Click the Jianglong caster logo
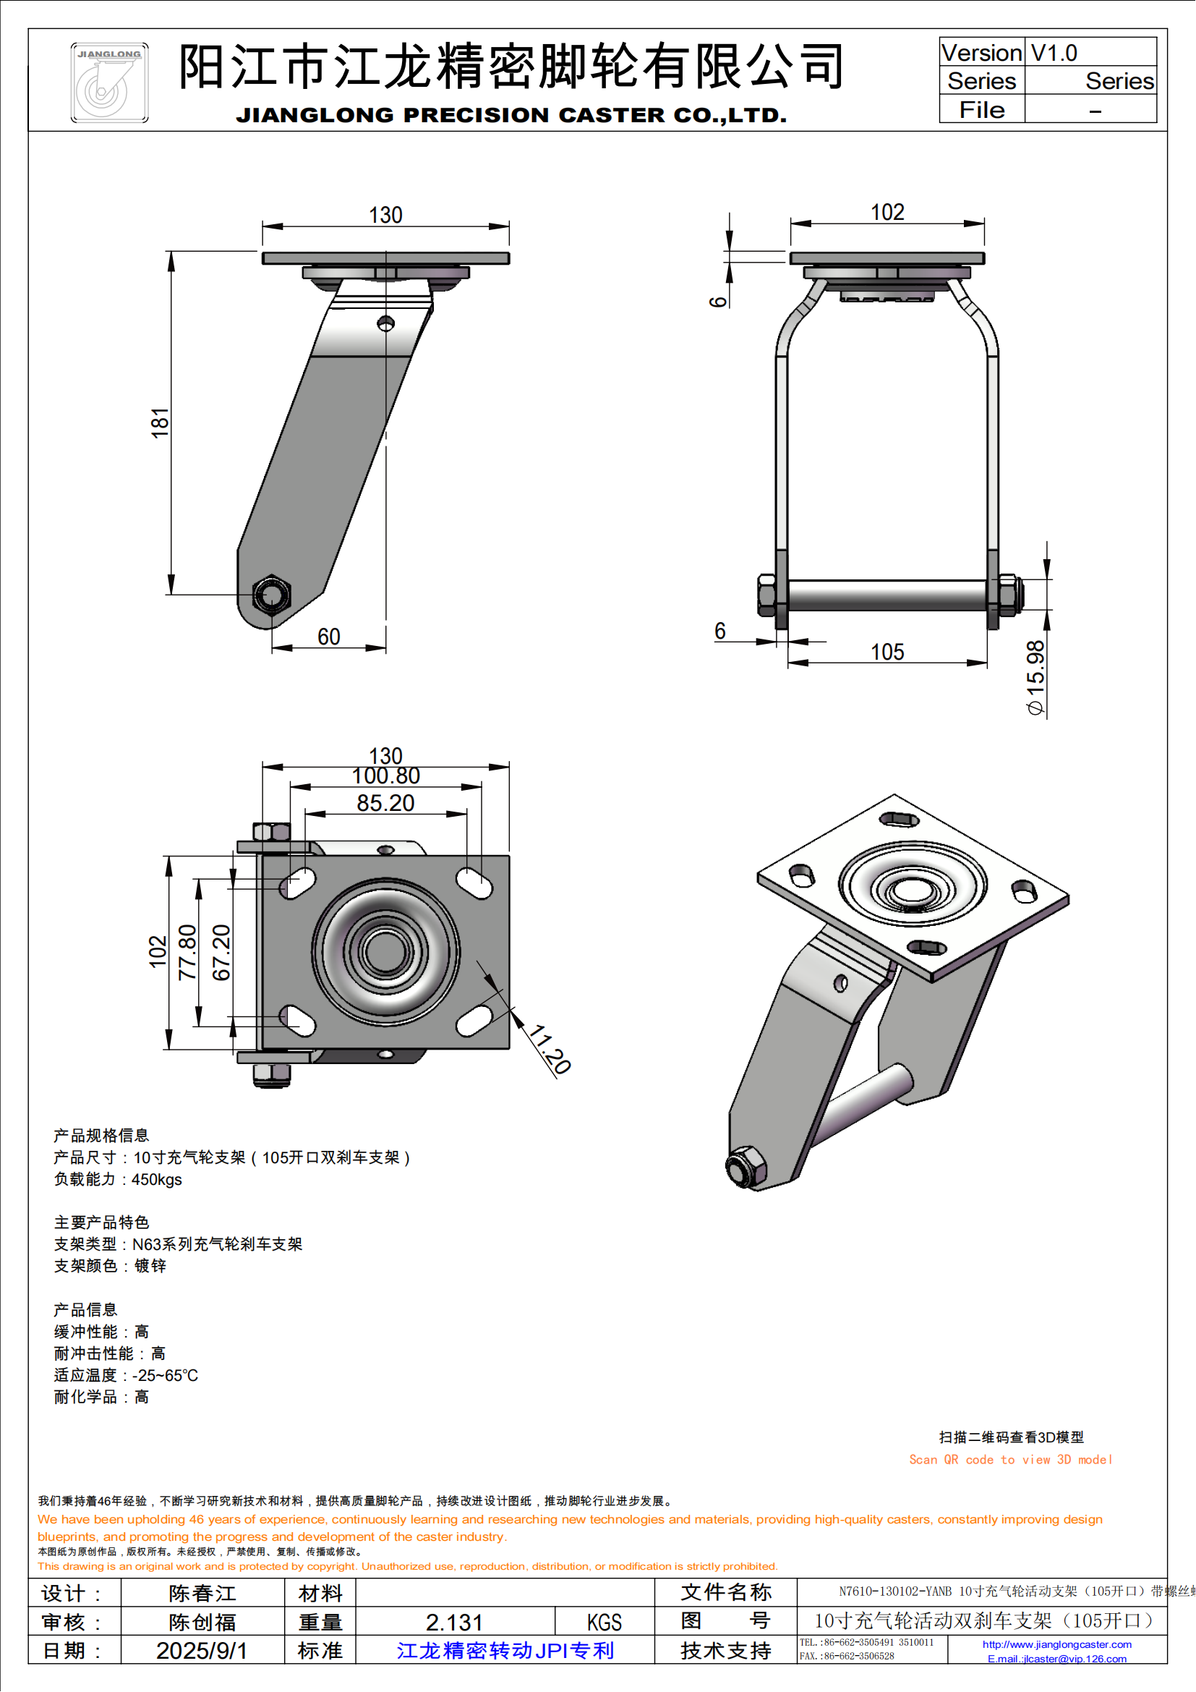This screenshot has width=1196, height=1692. [x=109, y=82]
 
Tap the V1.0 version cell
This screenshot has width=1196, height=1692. [x=1054, y=53]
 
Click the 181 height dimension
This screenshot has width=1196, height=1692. [x=160, y=423]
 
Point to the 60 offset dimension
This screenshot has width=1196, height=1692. [x=328, y=637]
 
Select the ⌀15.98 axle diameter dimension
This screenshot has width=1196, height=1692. [x=1035, y=677]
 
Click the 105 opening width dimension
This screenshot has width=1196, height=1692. [x=887, y=652]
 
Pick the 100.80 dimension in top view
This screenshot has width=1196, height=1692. [x=385, y=776]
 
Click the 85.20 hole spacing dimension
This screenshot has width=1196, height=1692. [x=385, y=803]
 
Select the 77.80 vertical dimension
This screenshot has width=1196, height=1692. [x=188, y=951]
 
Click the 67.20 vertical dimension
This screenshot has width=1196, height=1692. [x=221, y=952]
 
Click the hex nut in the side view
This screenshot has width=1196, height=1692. [x=271, y=595]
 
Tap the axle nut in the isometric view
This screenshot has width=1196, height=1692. [x=744, y=1168]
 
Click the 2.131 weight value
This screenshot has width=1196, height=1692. [x=454, y=1622]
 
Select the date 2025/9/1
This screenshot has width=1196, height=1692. [x=201, y=1651]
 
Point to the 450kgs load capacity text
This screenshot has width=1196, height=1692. [x=156, y=1179]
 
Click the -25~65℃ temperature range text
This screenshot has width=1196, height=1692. [x=165, y=1375]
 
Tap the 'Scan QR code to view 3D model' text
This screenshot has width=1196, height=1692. [x=1009, y=1460]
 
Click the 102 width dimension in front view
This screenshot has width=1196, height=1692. [x=887, y=212]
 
